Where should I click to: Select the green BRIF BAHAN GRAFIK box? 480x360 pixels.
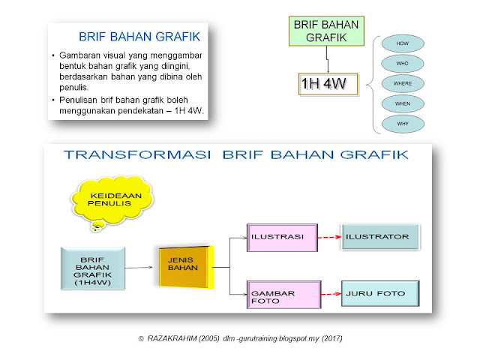pos(326,30)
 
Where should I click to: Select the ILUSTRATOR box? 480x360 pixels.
pos(379,238)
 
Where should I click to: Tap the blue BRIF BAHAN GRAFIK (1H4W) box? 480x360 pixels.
pos(91,268)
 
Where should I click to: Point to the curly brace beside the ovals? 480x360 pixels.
pos(373,83)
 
